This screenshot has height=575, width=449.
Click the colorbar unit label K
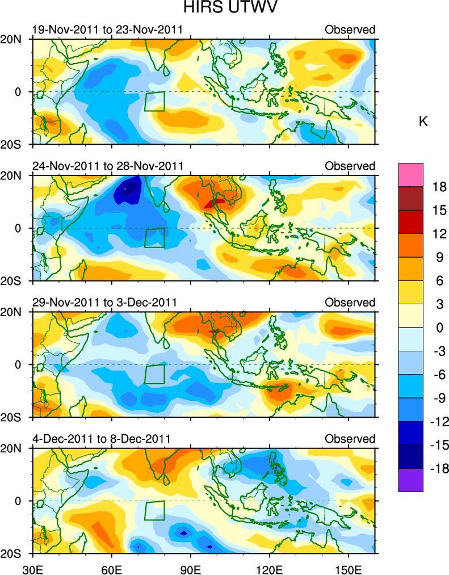423,121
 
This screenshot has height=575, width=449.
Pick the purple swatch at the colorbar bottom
411,480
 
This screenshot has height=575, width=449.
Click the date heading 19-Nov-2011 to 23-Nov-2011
107,30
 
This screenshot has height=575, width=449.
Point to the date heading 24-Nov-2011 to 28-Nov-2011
107,166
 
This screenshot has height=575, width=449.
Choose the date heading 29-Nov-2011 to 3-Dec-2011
104,303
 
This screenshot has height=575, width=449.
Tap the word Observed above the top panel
350,30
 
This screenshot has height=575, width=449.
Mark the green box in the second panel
154,238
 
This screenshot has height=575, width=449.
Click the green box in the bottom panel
154,510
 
